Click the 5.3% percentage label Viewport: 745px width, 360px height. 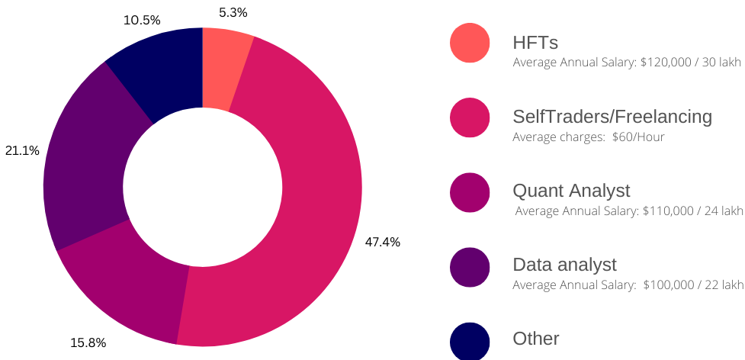pos(233,12)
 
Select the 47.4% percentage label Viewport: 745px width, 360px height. pos(383,242)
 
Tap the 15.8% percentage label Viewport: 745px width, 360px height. pos(88,342)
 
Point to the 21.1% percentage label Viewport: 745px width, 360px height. pos(22,150)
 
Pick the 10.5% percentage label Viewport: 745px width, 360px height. pos(142,20)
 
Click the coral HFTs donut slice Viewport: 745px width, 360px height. pos(223,69)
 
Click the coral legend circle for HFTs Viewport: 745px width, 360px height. pos(470,43)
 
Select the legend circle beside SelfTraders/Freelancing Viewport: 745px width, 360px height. pos(470,117)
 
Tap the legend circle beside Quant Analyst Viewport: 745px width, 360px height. pos(470,191)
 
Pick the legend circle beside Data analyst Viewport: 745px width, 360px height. pos(470,266)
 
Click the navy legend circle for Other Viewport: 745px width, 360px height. pos(470,341)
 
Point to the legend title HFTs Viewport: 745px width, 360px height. pos(536,43)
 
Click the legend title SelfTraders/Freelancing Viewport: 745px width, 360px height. pos(612,117)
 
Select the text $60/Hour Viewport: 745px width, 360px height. pos(638,137)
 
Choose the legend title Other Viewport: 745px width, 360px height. pos(536,339)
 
